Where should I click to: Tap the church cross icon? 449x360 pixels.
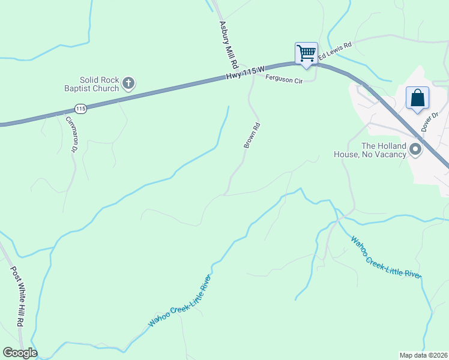pos(128,83)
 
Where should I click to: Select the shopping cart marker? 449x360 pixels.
pos(306,53)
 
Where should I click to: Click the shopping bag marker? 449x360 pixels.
pos(417,97)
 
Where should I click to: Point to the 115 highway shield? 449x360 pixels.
pos(81,109)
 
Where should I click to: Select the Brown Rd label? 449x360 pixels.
pos(252,136)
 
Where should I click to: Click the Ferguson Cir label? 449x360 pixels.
pos(283,79)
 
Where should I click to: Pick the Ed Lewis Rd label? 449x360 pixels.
pos(334,51)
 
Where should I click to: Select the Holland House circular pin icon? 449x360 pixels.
pos(415,150)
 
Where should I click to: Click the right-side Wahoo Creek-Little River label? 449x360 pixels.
pos(386,258)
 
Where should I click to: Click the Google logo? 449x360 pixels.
pos(20,353)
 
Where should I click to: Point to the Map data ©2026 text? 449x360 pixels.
pos(423,355)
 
